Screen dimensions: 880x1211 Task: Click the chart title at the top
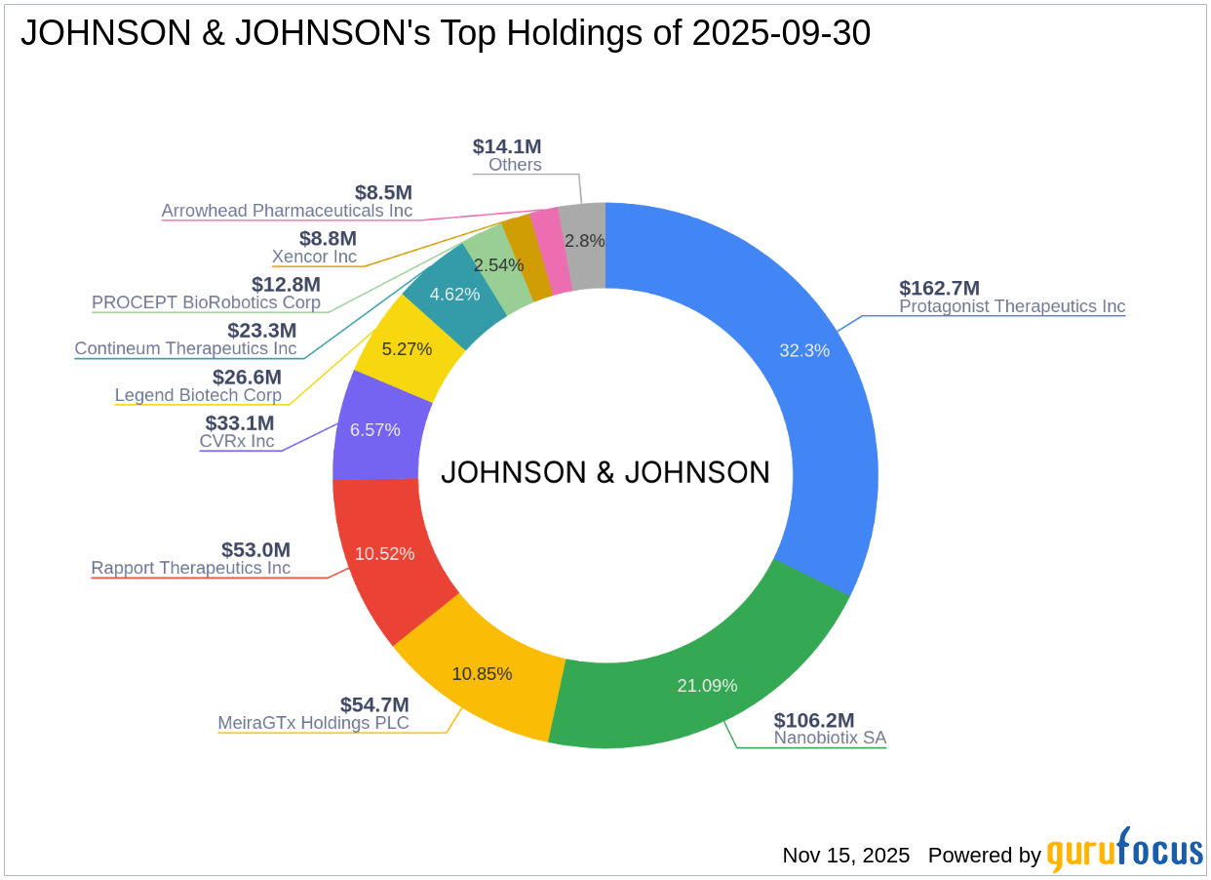coord(445,33)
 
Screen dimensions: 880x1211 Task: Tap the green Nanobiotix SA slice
coord(702,673)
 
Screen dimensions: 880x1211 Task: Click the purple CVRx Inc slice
coord(375,429)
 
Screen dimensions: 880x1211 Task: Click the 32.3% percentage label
coord(804,350)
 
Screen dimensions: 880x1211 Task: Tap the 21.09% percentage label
coord(707,686)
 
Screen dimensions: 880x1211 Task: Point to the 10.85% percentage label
coord(482,673)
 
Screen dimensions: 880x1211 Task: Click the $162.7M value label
coord(939,288)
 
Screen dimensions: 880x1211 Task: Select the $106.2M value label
coord(814,720)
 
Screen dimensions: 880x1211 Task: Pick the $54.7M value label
coord(374,704)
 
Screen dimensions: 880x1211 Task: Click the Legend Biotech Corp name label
coord(198,395)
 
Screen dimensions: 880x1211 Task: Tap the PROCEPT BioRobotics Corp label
coord(206,302)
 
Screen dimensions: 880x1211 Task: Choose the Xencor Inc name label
coord(314,257)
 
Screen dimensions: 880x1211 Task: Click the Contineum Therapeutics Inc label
coord(185,348)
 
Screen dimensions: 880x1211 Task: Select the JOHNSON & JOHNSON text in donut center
coord(605,473)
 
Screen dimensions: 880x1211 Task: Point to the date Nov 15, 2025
coord(845,856)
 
